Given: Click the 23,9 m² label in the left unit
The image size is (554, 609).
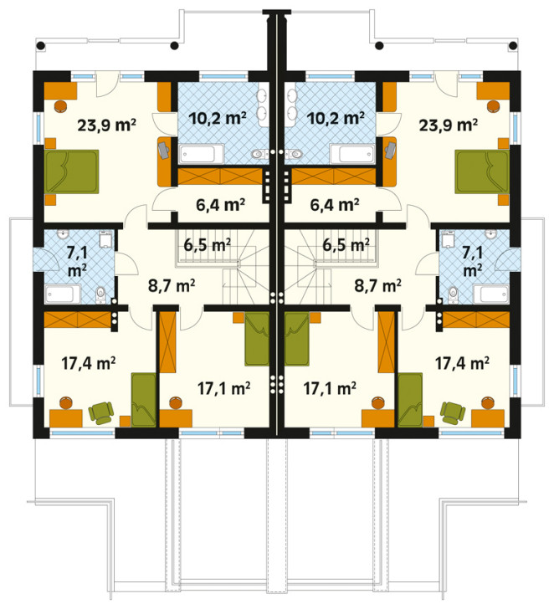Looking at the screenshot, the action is (106, 125).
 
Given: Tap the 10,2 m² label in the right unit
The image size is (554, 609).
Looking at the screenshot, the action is (336, 117).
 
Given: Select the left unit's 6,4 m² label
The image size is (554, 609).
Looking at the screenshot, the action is (220, 205).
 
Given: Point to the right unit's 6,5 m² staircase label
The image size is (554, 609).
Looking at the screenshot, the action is (346, 245).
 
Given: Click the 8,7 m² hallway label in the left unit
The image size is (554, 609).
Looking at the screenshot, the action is (172, 285).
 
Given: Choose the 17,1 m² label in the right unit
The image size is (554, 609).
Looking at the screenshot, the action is (330, 387).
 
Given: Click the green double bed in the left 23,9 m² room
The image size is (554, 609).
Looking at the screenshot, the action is (72, 171).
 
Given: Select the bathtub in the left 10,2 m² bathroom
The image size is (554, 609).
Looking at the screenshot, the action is (201, 153).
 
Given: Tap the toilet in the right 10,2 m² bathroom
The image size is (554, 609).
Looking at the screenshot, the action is (295, 155).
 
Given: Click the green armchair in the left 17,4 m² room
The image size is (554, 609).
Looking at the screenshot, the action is (101, 413).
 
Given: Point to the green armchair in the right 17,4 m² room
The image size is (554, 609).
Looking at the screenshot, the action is (453, 413).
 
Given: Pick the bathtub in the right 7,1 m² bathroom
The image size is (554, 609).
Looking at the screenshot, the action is (490, 294).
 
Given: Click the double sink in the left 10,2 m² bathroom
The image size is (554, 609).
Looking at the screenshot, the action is (263, 105).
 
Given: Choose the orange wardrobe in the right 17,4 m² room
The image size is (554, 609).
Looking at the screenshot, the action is (476, 320).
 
